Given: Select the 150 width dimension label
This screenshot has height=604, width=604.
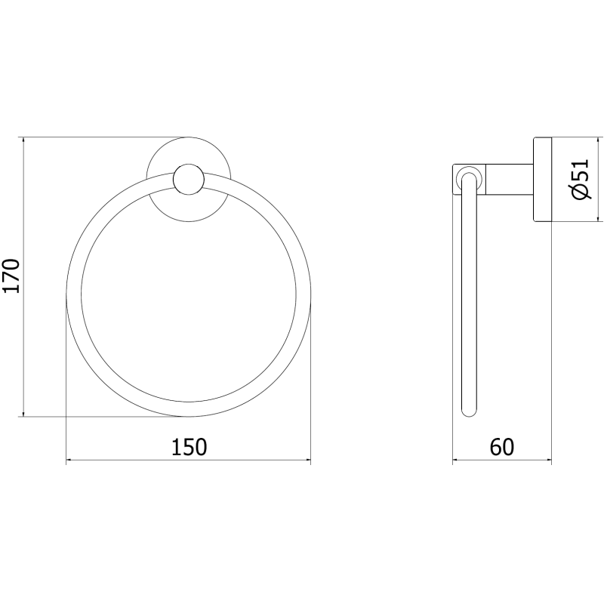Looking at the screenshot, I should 189,447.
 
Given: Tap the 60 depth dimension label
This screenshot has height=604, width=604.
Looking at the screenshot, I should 501,447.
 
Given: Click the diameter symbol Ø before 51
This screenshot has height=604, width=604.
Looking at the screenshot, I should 580,194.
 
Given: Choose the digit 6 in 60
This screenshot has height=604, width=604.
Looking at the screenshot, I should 495,447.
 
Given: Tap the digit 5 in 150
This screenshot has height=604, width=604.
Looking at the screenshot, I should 189,447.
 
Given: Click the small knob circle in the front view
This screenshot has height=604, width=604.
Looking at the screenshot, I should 187,180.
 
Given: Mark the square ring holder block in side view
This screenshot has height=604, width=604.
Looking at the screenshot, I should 468,180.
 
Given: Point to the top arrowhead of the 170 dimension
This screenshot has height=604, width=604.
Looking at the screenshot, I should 24,143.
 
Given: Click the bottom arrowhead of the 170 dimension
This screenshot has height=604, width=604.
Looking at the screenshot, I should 24,411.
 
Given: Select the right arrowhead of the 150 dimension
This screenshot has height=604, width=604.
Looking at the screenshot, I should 306,458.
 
